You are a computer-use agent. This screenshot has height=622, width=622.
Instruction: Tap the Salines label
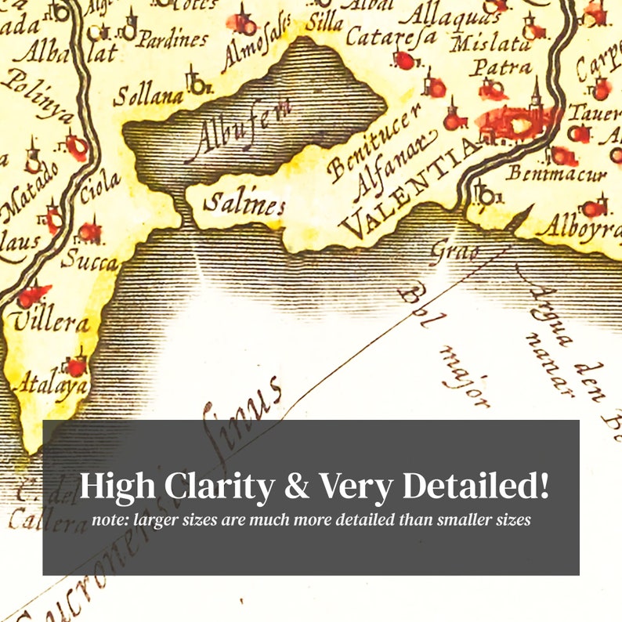[x=243, y=205]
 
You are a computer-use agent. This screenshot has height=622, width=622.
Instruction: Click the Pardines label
[x=172, y=39]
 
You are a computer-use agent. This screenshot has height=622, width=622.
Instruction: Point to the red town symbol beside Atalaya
[x=76, y=366]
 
